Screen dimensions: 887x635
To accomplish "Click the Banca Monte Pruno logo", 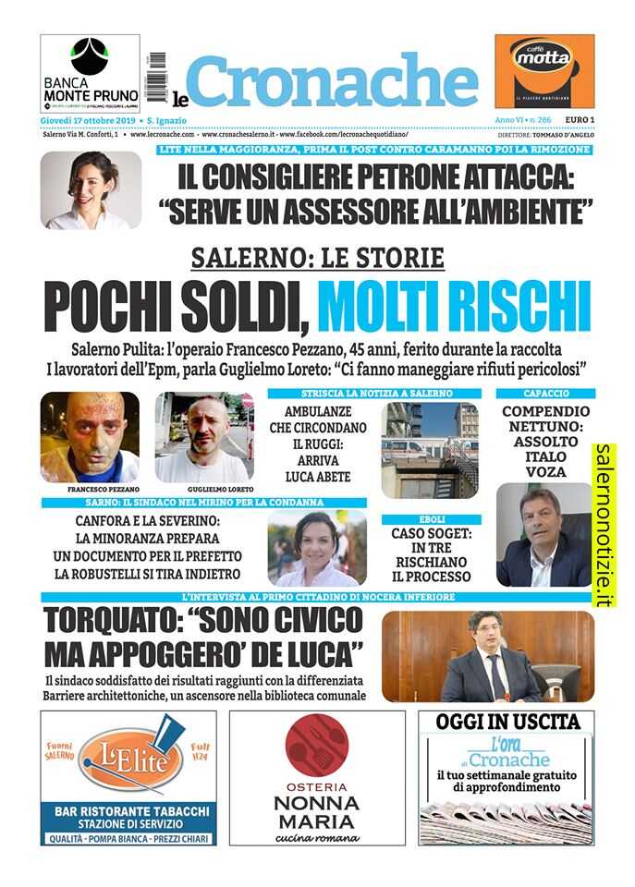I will tap(91, 73).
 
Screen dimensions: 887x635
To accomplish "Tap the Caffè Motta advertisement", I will tap(544, 71).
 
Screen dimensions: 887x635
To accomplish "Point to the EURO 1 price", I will tap(579, 121).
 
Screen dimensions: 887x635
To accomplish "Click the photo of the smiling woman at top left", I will tap(91, 190).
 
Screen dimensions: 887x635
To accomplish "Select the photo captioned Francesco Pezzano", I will tap(90, 436).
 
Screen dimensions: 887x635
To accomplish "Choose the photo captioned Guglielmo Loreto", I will tap(202, 436).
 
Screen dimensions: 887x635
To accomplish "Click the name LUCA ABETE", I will tap(317, 477).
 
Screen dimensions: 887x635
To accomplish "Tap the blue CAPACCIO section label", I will tap(544, 394).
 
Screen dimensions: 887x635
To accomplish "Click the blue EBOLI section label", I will tap(431, 519).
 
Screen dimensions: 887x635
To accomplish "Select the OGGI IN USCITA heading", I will tap(508, 723).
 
